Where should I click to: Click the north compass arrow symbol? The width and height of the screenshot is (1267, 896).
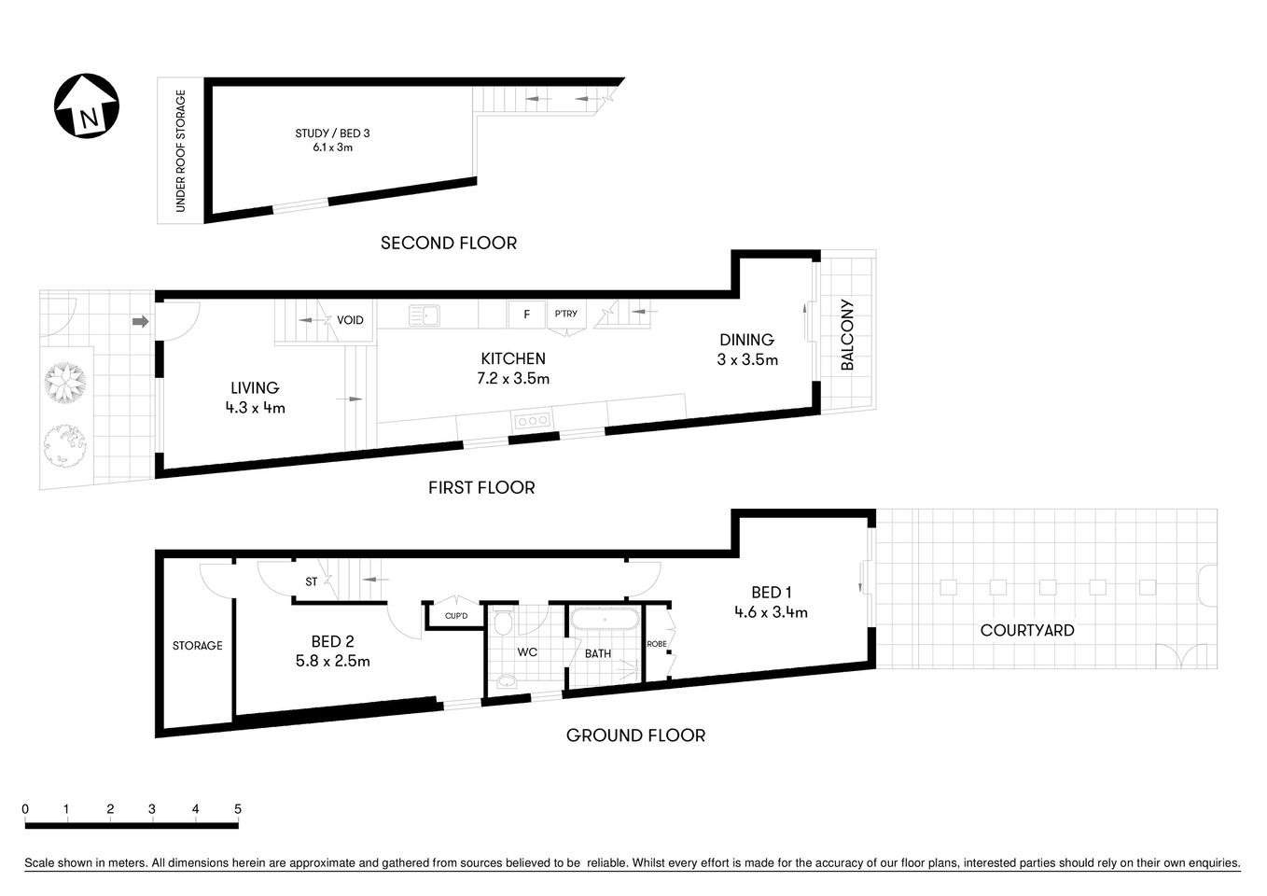coord(86,105)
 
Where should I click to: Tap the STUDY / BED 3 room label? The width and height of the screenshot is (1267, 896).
coord(332,140)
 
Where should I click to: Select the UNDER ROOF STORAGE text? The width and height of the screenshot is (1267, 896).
coord(181,151)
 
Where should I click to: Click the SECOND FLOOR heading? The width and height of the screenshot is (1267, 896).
coord(448,243)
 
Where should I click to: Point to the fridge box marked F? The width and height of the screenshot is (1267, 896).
coord(526,315)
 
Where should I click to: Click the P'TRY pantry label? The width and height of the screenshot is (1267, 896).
coord(565,315)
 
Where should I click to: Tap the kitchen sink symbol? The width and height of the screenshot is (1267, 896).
coord(425,316)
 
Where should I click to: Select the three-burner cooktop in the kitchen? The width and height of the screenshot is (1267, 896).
coord(533,421)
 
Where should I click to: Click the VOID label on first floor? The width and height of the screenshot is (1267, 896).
coord(350,320)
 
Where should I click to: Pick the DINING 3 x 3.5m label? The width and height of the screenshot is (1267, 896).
coord(746,349)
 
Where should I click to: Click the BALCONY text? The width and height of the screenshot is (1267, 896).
coord(847,334)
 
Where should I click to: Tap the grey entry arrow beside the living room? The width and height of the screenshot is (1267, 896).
coord(140,322)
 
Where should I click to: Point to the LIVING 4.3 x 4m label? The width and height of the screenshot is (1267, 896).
coord(255,397)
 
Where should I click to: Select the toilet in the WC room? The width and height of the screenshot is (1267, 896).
coord(503,623)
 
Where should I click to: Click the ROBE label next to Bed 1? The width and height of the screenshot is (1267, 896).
coord(657,643)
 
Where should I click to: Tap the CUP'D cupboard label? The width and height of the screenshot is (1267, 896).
coord(455,616)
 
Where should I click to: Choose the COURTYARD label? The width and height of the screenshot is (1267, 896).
coord(1026,630)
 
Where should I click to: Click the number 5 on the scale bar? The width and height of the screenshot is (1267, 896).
coord(238,809)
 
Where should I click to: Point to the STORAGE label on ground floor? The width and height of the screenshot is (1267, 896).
coord(197,645)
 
